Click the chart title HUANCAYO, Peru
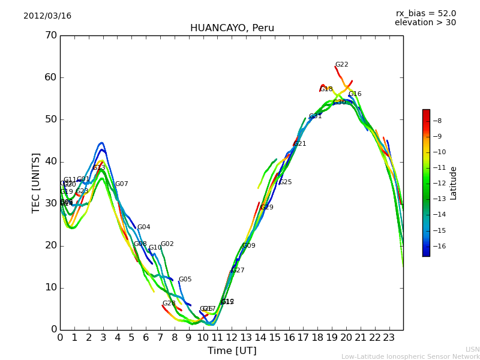232,28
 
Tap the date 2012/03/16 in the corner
47,16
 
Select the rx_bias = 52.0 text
425,14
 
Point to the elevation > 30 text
425,23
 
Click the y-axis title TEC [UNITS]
36,182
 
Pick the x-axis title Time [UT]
232,351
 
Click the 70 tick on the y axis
50,35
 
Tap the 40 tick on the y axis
50,161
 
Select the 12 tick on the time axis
232,337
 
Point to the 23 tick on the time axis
389,337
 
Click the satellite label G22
341,65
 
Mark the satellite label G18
326,89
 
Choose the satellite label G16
355,94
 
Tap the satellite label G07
122,184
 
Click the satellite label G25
286,182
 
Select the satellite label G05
185,280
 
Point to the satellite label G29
267,208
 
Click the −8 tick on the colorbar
437,121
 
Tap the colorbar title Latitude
454,183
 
